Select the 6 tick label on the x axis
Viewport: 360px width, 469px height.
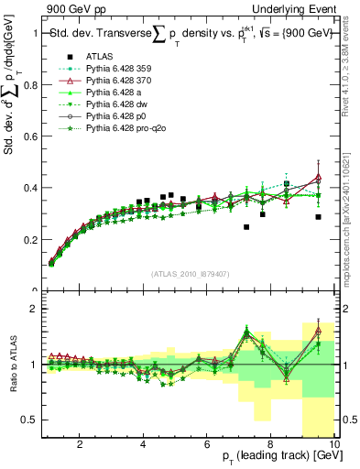pos(207,445)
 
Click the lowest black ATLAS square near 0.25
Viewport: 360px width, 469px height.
pos(246,226)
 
